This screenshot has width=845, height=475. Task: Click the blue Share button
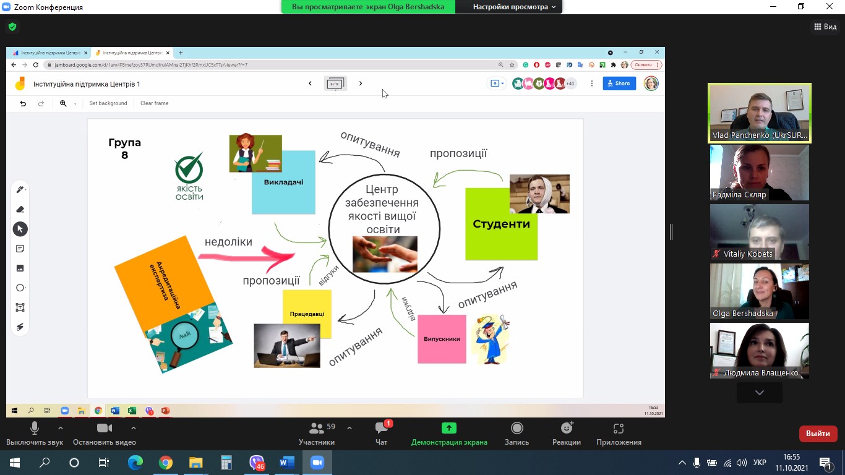coord(619,83)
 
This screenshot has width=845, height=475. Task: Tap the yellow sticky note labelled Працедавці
coord(307,314)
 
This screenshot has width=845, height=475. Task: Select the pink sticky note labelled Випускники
coord(442,339)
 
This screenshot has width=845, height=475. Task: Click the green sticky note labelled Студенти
coord(501,224)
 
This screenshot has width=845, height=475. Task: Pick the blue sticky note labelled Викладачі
coord(283,182)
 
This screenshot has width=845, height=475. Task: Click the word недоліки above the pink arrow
coord(228,242)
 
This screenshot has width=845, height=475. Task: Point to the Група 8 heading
coord(124,149)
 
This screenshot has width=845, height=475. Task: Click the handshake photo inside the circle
coord(385,254)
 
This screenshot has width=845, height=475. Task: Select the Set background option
coord(108,103)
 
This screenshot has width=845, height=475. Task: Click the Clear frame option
coord(154,103)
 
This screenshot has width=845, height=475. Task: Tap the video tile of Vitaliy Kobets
coord(759,232)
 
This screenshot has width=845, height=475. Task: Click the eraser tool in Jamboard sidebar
coord(20,209)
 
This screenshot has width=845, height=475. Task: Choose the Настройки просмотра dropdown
coord(514,7)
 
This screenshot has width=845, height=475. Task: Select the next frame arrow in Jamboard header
coord(361,83)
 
